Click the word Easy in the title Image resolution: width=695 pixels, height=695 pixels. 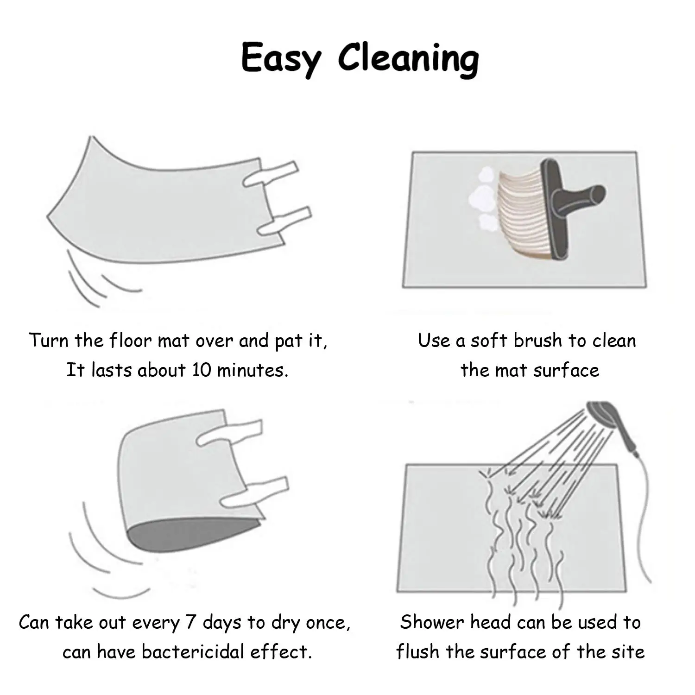(x=280, y=59)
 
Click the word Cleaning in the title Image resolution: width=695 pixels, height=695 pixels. (x=409, y=59)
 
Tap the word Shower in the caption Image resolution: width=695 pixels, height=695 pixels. (x=432, y=622)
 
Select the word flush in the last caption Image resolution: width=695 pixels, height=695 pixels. (x=417, y=652)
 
